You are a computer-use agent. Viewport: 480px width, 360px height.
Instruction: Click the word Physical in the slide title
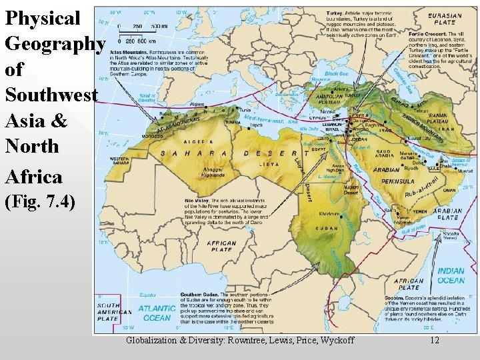(43, 18)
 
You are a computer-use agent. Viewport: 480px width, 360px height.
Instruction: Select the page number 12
(435, 341)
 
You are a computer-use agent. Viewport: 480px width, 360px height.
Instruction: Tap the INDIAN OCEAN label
(451, 276)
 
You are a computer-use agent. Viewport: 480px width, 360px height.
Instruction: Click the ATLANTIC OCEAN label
(157, 313)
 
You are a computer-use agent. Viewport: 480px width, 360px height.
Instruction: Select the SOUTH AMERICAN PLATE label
(109, 312)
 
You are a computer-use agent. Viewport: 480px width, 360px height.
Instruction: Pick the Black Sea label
(336, 73)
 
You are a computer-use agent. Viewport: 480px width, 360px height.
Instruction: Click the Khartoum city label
(329, 215)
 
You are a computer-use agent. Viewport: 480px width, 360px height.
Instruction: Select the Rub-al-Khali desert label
(421, 188)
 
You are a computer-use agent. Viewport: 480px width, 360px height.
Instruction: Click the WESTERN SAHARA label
(120, 161)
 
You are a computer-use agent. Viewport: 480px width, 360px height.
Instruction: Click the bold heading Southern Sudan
(199, 294)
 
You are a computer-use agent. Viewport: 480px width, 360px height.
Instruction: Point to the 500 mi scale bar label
(159, 25)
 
